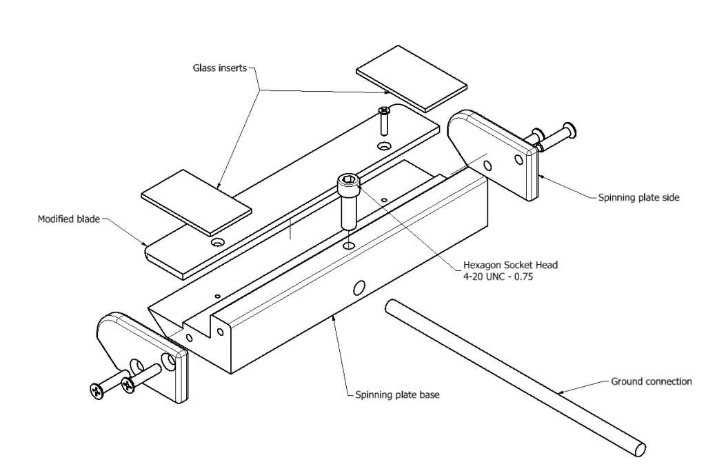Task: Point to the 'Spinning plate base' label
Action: coord(394,396)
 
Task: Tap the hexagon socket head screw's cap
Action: coord(349,182)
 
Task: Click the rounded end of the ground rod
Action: coord(640,448)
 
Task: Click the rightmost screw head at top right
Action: coord(569,129)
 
